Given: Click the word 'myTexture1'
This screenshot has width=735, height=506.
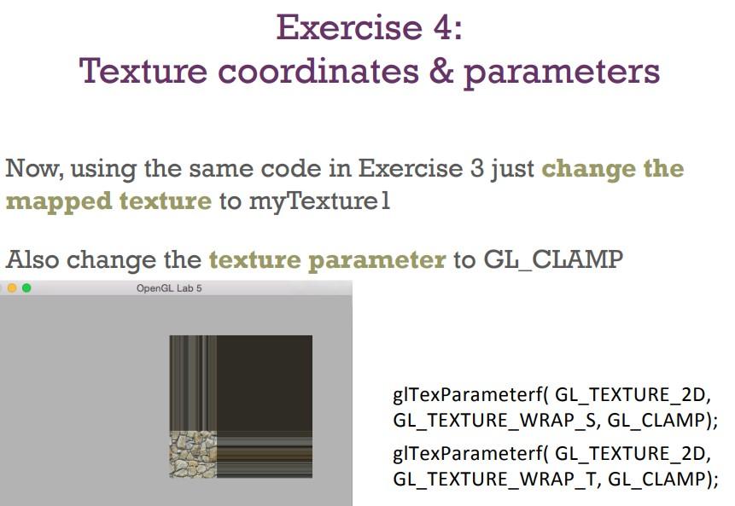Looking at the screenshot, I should pos(319,202).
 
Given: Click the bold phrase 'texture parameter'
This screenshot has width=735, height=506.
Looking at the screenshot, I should pos(327,260).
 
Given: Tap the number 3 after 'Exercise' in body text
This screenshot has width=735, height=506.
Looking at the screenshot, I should pos(478,168).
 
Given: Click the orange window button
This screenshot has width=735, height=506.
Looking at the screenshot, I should pos(12,288).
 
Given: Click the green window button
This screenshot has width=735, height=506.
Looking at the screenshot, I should pos(26,288).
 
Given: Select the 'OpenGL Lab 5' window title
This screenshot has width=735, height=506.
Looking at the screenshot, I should pos(169,288).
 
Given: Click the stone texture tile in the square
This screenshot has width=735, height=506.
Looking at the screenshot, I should pos(193,454).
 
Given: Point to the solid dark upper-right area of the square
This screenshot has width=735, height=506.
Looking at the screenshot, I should pos(264,382).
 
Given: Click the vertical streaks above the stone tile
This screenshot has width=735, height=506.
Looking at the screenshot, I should pos(193,382).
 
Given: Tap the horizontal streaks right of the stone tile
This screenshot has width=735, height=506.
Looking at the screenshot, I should pos(264,454).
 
